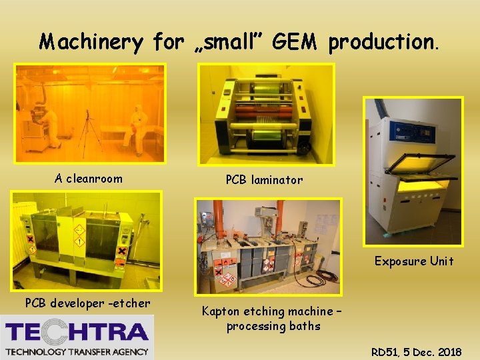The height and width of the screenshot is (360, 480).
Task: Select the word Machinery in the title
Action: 91,43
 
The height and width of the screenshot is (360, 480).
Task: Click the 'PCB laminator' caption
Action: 264,179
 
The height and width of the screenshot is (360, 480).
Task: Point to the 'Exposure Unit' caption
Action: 413,261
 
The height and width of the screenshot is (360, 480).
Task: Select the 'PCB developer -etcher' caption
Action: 88,303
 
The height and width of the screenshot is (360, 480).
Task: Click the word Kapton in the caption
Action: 224,311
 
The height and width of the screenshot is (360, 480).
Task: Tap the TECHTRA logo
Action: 77,337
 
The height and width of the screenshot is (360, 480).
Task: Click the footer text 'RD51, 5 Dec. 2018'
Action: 416,352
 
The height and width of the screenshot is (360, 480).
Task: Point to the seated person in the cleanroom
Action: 135,127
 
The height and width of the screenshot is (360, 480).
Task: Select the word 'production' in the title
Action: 383,43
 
